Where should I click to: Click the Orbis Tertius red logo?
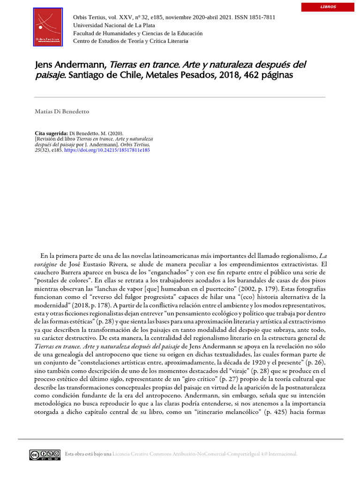pos(48,27)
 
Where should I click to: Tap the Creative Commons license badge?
pos(45,454)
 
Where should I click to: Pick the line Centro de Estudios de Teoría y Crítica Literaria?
pos(131,41)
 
